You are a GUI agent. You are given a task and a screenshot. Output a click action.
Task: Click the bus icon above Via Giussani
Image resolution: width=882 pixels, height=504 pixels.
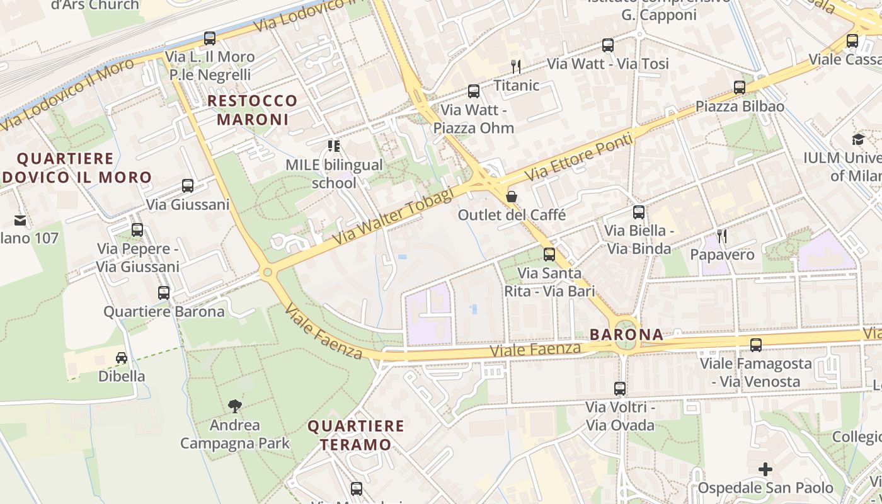click(188, 186)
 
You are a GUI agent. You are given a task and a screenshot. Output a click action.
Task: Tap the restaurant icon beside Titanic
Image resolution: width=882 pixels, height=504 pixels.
click(516, 66)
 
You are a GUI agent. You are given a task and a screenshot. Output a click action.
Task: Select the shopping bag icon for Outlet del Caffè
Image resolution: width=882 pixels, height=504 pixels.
click(512, 197)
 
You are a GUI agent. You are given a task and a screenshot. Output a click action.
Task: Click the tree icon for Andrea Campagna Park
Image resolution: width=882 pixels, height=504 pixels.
click(235, 406)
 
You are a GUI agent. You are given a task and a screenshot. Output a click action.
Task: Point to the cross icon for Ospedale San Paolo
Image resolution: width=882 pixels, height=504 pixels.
click(765, 469)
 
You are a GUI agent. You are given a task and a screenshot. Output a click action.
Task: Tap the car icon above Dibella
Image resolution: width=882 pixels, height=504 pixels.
click(122, 358)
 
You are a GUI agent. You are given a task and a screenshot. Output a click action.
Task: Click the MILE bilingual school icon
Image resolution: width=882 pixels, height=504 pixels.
click(334, 147)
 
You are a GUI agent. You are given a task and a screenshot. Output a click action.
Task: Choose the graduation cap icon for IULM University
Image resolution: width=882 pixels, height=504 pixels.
click(858, 140)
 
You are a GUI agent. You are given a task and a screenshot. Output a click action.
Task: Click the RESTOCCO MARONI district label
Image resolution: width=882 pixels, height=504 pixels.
click(253, 110)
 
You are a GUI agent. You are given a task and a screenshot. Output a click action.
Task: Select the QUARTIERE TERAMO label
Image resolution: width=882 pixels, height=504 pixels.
click(356, 435)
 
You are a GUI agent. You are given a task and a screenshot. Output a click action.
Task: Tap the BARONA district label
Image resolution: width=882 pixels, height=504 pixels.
click(627, 335)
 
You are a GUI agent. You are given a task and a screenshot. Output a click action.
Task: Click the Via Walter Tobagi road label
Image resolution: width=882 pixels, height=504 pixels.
click(393, 217)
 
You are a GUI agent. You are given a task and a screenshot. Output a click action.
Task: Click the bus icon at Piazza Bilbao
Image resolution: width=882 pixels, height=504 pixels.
click(740, 88)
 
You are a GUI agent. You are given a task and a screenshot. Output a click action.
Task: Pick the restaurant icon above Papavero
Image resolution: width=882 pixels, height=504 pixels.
click(722, 236)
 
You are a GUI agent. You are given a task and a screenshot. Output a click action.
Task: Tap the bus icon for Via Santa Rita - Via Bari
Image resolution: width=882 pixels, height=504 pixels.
click(549, 255)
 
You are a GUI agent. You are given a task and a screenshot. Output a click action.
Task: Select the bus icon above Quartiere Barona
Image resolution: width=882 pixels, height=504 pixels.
click(164, 293)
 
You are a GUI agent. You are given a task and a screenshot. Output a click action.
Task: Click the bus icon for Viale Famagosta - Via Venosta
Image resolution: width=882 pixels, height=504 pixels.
click(756, 345)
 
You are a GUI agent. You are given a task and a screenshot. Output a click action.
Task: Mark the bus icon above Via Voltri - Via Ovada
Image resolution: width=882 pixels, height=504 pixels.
click(620, 389)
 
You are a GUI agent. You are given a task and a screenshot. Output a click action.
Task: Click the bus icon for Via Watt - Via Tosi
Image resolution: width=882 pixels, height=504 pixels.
click(608, 45)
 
